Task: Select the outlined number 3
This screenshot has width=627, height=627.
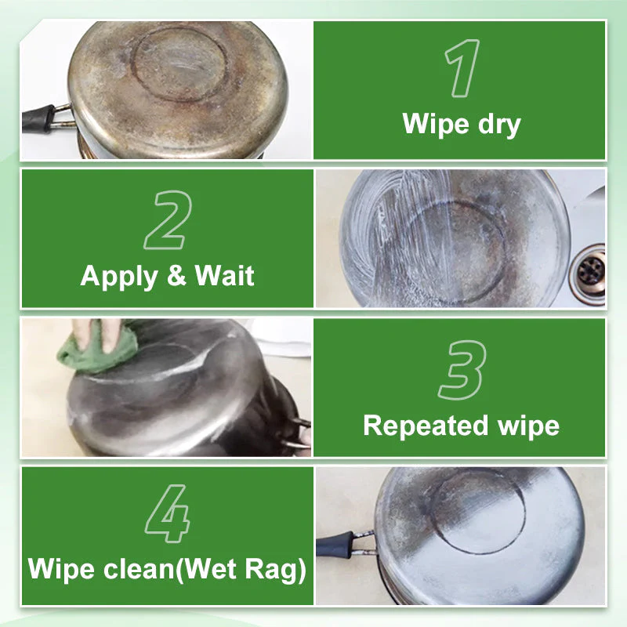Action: click(x=462, y=370)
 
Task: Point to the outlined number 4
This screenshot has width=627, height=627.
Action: click(x=167, y=515)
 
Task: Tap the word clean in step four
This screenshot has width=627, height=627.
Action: click(x=146, y=569)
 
